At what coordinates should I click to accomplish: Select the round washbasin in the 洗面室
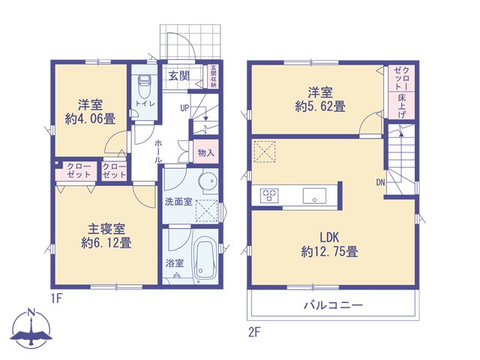tap(208, 181)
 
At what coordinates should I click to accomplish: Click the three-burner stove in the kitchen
tap(269, 196)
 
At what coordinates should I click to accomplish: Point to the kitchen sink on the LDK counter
tap(314, 196)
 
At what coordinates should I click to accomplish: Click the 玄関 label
tap(179, 76)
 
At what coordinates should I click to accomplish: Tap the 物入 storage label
tap(206, 152)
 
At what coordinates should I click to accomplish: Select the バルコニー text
tap(333, 305)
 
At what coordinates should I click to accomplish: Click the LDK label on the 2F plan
tap(329, 237)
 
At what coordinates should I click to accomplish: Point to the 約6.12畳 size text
tap(106, 243)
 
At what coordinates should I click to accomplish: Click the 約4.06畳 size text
tap(90, 118)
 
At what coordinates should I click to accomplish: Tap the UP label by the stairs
tap(185, 108)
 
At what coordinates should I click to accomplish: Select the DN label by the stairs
tap(380, 183)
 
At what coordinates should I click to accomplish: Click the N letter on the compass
tap(31, 313)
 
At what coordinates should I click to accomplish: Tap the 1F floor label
tap(57, 298)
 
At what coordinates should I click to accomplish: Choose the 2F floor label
tap(254, 331)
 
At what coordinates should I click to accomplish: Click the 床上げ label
tap(402, 106)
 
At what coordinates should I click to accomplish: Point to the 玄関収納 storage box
tap(213, 76)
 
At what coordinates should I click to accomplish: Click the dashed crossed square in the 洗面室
tap(207, 211)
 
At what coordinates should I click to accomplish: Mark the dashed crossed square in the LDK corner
tap(264, 151)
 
